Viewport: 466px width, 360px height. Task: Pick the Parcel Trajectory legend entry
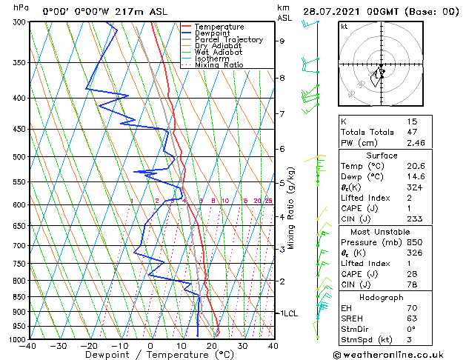click(228, 40)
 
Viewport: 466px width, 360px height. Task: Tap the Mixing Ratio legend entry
click(219, 65)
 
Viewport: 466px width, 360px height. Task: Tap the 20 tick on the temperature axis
click(212, 346)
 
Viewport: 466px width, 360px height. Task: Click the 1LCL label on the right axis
click(288, 313)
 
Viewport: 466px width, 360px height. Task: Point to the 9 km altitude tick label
click(282, 41)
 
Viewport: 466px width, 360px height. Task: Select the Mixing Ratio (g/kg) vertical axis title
click(292, 208)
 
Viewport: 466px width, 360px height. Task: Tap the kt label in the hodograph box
click(344, 27)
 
